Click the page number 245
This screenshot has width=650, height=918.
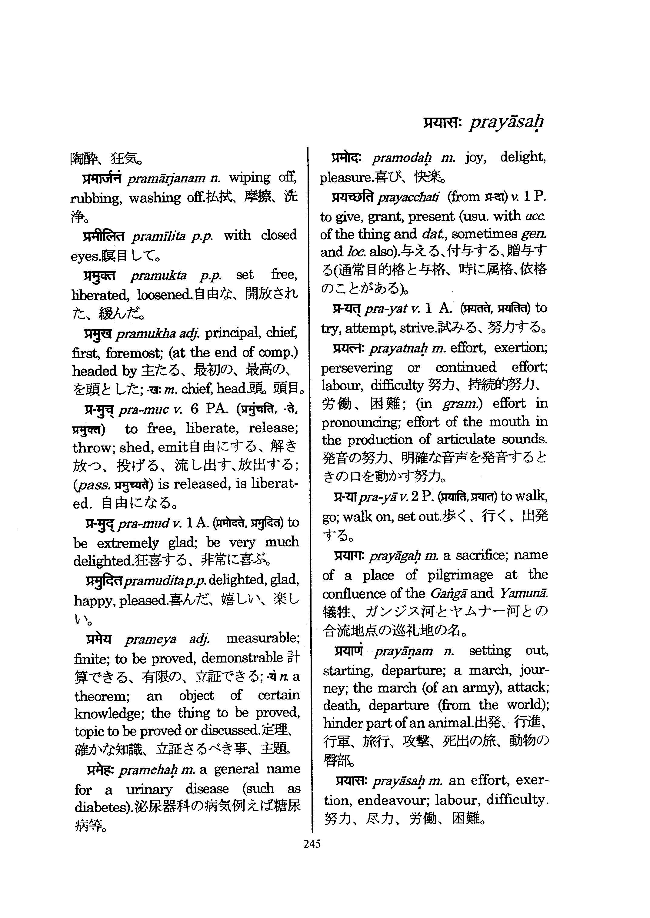pos(312,844)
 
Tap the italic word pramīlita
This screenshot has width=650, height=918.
pos(158,236)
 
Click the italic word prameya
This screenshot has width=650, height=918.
pos(151,639)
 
